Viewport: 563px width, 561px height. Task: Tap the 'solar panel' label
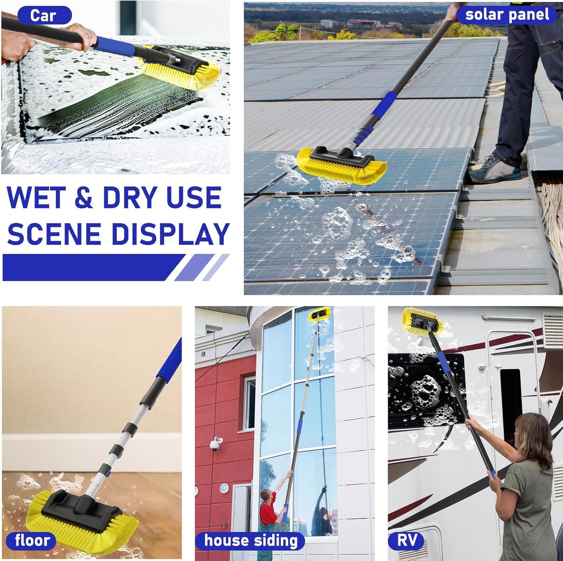[x=507, y=14]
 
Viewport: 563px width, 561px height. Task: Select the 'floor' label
[x=32, y=540]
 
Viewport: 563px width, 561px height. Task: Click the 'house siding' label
[x=251, y=541]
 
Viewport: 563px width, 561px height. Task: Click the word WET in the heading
[x=36, y=198]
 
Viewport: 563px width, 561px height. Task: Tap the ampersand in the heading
[x=83, y=198]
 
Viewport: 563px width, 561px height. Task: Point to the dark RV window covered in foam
[x=425, y=390]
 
